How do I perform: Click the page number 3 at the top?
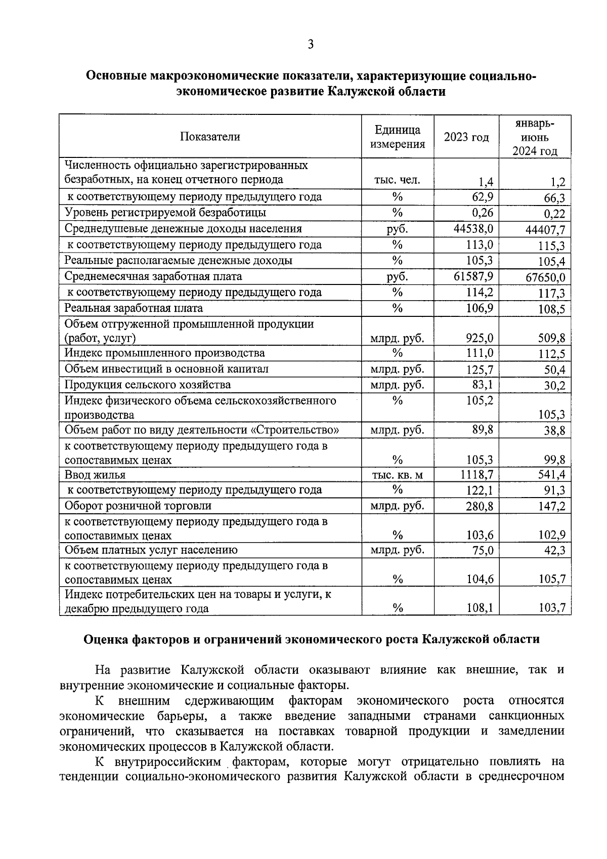(310, 45)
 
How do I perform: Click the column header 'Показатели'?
(210, 137)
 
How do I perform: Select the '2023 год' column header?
(466, 137)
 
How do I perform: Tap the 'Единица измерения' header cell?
(397, 137)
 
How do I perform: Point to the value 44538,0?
(473, 229)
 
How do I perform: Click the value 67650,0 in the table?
(544, 278)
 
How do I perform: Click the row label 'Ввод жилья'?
(95, 475)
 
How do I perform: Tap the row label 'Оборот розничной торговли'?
(138, 506)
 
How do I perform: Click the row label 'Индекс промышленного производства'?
(164, 353)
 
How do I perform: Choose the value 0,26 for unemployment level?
(482, 213)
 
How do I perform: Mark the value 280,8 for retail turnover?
(479, 506)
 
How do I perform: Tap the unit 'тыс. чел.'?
(397, 181)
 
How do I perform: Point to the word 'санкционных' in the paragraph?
(526, 716)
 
